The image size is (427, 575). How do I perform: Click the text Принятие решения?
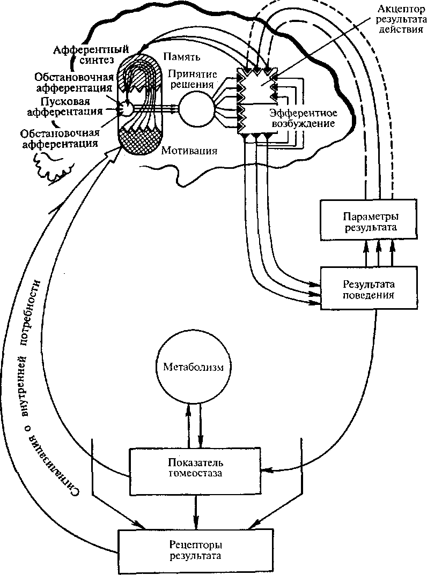point(190,78)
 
